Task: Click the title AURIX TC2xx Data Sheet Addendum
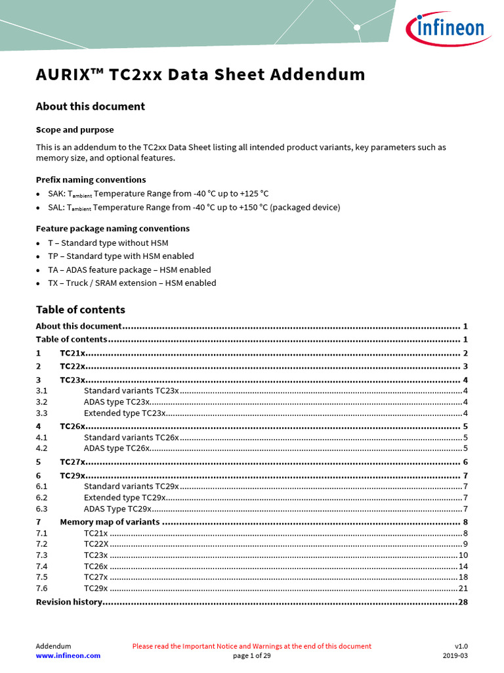pos(200,74)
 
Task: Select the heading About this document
pos(90,106)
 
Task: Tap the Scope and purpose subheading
pos(74,129)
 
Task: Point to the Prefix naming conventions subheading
pos(91,179)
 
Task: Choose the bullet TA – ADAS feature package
pos(129,269)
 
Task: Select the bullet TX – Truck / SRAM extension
pos(132,283)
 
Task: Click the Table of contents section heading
pos(80,310)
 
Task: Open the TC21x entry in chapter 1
pos(73,354)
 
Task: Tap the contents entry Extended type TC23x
pos(124,413)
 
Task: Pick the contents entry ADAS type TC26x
pos(117,448)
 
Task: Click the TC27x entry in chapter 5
pos(73,462)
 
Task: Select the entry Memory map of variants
pos(110,522)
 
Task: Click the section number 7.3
pos(42,555)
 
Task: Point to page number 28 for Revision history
pos(462,602)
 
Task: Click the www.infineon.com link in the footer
pos(68,655)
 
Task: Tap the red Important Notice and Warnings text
pos(251,646)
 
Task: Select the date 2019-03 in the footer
pos(455,655)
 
